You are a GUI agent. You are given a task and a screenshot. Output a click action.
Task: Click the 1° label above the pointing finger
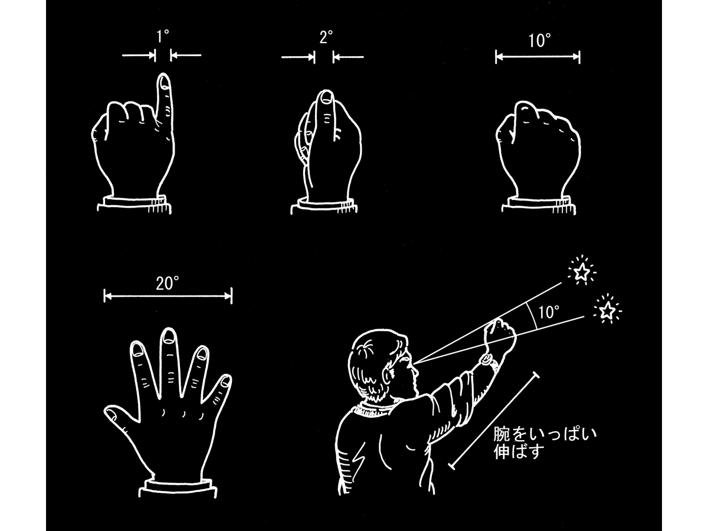pyautogui.click(x=162, y=37)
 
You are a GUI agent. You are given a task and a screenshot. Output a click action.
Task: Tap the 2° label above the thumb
pyautogui.click(x=326, y=37)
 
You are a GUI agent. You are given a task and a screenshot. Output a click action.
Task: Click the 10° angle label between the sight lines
pyautogui.click(x=549, y=312)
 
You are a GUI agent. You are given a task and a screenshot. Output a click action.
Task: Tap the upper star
pyautogui.click(x=582, y=272)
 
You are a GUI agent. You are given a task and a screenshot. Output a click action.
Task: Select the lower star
pyautogui.click(x=605, y=311)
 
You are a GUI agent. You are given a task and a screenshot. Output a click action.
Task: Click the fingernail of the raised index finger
pyautogui.click(x=164, y=82)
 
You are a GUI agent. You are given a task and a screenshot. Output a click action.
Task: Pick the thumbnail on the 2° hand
pyautogui.click(x=326, y=98)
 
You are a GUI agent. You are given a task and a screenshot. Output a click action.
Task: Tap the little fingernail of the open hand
pyautogui.click(x=226, y=381)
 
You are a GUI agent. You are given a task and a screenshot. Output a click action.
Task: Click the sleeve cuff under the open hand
pyautogui.click(x=177, y=489)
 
